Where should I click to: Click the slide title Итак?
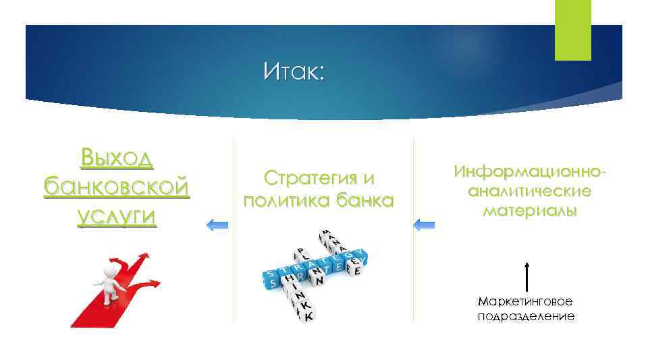(x=294, y=70)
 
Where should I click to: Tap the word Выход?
(x=115, y=158)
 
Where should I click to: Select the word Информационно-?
(x=530, y=172)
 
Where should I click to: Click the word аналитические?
(x=530, y=191)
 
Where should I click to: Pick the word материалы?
(x=530, y=210)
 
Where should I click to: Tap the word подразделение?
(x=526, y=315)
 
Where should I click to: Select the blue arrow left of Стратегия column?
(x=217, y=224)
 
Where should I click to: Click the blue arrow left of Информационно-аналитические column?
(x=424, y=224)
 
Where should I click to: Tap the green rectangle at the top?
(x=572, y=30)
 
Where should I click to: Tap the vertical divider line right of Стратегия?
(x=413, y=229)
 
